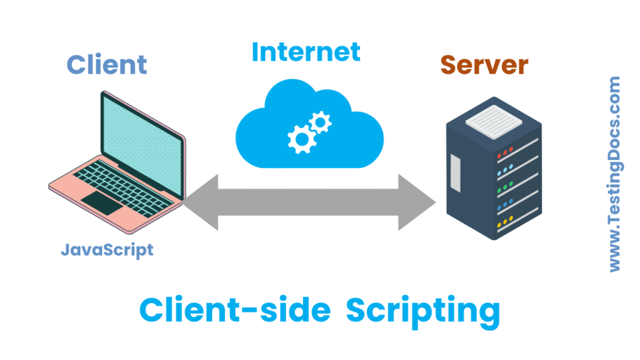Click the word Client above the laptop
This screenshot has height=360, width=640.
tap(107, 64)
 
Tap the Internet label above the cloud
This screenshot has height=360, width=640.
tap(306, 52)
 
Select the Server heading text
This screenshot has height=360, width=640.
tap(484, 64)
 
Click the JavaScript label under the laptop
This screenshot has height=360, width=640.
tap(107, 250)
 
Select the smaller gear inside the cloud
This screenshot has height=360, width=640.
tap(319, 121)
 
